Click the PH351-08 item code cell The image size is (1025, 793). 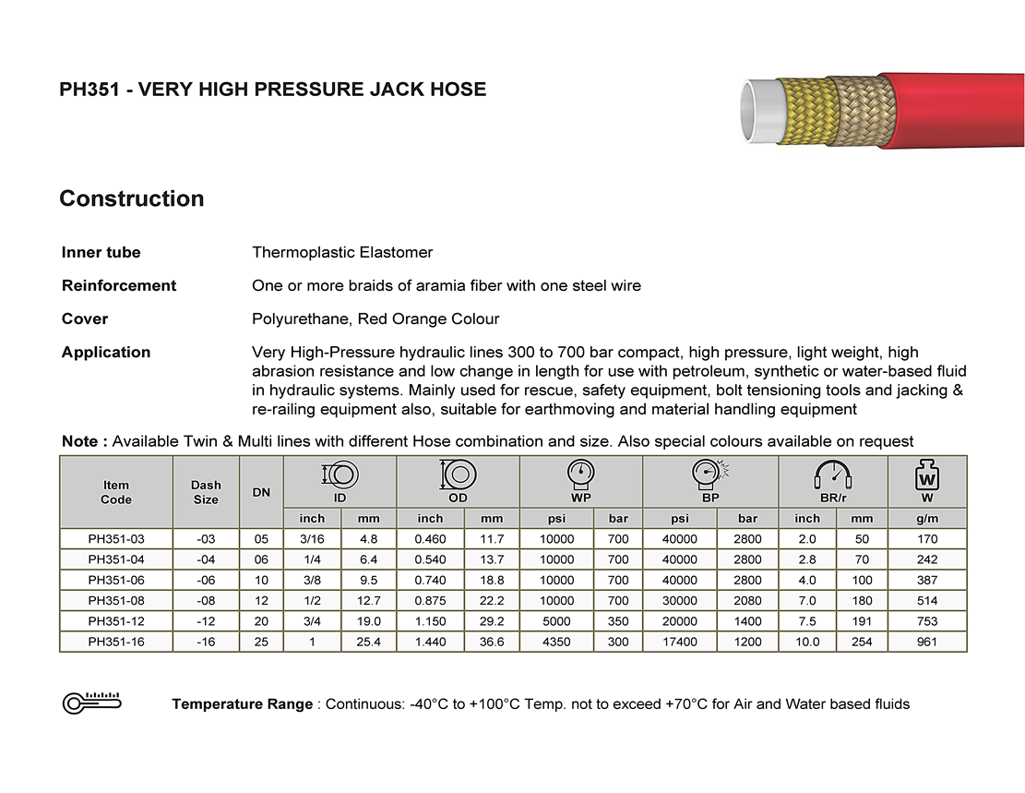[116, 601]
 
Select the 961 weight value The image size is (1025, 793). [927, 643]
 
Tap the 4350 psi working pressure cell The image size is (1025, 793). [556, 643]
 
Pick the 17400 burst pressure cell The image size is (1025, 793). [680, 643]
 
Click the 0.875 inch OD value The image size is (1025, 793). [430, 601]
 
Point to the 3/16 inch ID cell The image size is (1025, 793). [312, 539]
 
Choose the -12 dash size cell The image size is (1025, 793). [206, 621]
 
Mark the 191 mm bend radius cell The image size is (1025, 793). [862, 621]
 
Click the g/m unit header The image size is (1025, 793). [927, 519]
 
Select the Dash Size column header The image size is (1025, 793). [206, 492]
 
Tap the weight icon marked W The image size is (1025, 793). [927, 477]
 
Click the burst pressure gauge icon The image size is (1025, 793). [709, 475]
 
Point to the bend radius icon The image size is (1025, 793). [832, 475]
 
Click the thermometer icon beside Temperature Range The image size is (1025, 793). [92, 703]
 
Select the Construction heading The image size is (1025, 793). [132, 199]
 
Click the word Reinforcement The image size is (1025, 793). [119, 286]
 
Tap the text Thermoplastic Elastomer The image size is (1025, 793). [342, 253]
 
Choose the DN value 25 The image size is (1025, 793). [261, 643]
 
